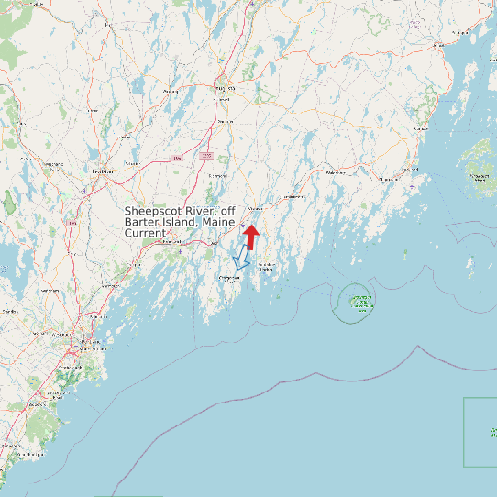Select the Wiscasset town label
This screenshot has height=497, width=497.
pos(256,206)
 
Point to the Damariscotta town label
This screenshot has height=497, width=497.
pos(293,196)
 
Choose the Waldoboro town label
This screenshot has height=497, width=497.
pos(336,171)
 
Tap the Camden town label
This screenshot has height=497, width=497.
pos(421,129)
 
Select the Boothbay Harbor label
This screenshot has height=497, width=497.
pos(267,266)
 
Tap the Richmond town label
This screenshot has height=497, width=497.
pos(218,176)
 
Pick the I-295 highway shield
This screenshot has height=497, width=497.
pos(208,156)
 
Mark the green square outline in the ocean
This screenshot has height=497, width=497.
pos(480,431)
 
